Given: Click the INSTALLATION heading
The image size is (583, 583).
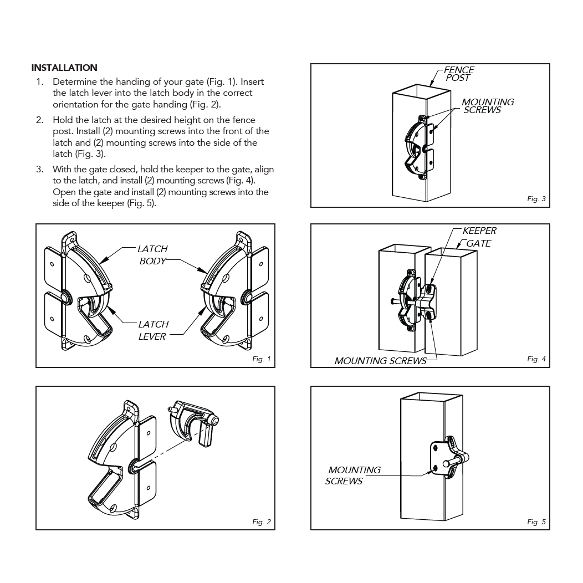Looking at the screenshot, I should tap(64, 68).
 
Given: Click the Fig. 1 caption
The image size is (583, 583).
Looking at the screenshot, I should tap(262, 359).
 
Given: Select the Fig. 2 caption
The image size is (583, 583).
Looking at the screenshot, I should tap(262, 521).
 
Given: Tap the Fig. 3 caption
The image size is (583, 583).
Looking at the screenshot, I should tap(536, 198).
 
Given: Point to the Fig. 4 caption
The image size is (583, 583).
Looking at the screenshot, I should tap(536, 359).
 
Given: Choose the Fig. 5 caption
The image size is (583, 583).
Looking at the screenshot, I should tap(536, 521).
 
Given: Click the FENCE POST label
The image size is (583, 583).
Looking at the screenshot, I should tap(459, 74).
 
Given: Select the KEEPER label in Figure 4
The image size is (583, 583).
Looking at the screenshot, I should tap(479, 231).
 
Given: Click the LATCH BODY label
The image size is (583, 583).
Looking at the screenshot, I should tap(152, 255).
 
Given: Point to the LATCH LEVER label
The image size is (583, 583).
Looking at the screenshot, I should tap(153, 330).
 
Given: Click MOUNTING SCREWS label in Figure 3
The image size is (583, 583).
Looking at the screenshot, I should tap(488, 106).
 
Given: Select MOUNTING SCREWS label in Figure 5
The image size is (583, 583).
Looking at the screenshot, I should tap(353, 475).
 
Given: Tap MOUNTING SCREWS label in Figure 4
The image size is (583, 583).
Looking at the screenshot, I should tap(380, 361).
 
